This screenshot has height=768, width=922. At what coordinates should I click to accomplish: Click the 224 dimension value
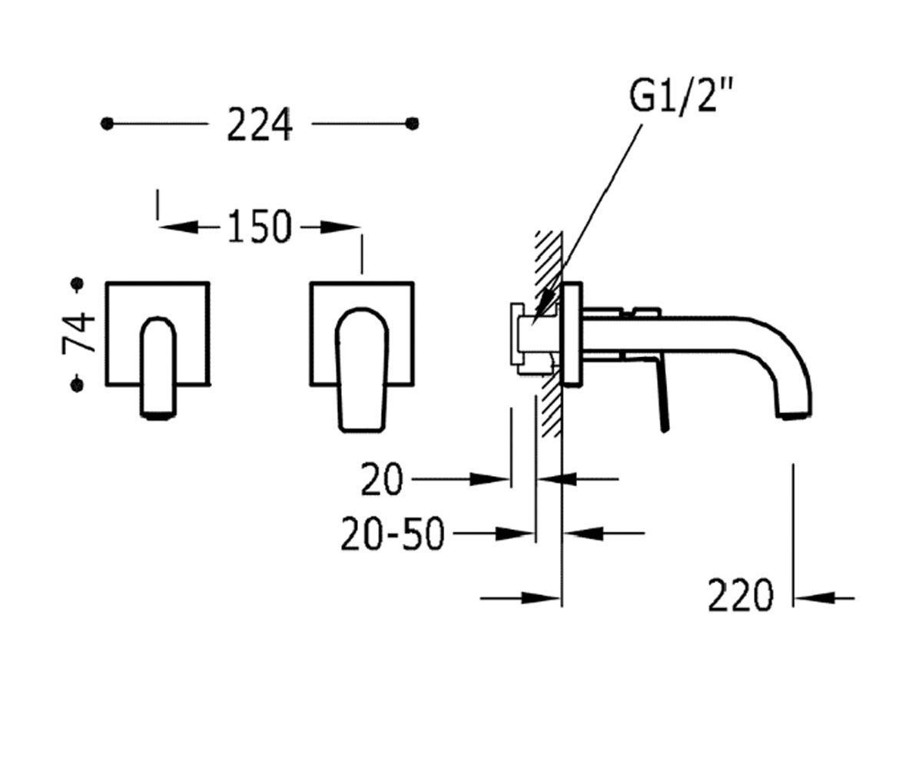[x=260, y=124]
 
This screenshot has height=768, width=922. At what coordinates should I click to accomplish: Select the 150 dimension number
[x=260, y=227]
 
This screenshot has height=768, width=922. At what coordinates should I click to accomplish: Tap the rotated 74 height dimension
[x=78, y=333]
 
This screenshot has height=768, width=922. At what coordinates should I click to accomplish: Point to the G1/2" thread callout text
[x=681, y=95]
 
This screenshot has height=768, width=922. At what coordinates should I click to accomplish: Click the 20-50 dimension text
[x=392, y=534]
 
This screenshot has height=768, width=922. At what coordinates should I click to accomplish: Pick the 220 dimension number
[x=741, y=595]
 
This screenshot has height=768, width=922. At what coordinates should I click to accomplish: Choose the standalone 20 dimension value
[x=382, y=479]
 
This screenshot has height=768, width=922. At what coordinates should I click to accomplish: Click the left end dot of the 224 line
[x=107, y=124]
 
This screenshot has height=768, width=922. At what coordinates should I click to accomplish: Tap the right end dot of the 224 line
[x=412, y=124]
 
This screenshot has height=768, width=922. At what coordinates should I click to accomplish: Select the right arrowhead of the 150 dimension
[x=340, y=227]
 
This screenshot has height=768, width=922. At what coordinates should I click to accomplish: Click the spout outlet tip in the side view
[x=797, y=415]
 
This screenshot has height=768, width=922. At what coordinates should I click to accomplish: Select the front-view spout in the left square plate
[x=158, y=368]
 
